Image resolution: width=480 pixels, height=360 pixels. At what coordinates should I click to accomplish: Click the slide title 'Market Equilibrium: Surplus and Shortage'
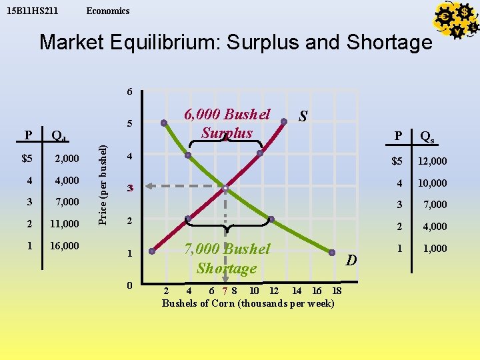point(236,43)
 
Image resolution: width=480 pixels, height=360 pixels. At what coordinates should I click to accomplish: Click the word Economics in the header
point(108,11)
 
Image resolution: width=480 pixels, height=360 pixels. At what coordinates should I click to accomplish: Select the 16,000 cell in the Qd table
point(64,245)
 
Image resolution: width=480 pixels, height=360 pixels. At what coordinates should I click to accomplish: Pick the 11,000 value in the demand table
point(64,223)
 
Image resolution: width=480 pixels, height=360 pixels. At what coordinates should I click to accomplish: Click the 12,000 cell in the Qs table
point(432,161)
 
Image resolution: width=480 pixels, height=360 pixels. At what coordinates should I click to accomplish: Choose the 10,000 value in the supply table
point(432,183)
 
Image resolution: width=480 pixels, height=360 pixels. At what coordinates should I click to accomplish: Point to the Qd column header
point(59,137)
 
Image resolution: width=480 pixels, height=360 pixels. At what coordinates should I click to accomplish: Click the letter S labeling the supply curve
point(303,117)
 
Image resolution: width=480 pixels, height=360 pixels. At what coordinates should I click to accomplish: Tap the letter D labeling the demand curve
point(351,259)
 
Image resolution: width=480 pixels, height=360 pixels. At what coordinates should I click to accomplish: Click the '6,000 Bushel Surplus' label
point(227,123)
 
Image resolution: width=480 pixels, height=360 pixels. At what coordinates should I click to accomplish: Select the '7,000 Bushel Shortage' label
point(227,259)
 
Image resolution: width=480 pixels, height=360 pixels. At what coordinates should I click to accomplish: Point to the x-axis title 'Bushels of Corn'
point(248,303)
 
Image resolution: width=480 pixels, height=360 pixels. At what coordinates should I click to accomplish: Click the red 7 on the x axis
point(226,291)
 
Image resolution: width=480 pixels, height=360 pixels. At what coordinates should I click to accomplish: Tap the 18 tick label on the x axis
point(337,291)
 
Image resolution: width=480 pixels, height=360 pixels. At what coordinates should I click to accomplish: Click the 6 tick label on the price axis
point(130,91)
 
